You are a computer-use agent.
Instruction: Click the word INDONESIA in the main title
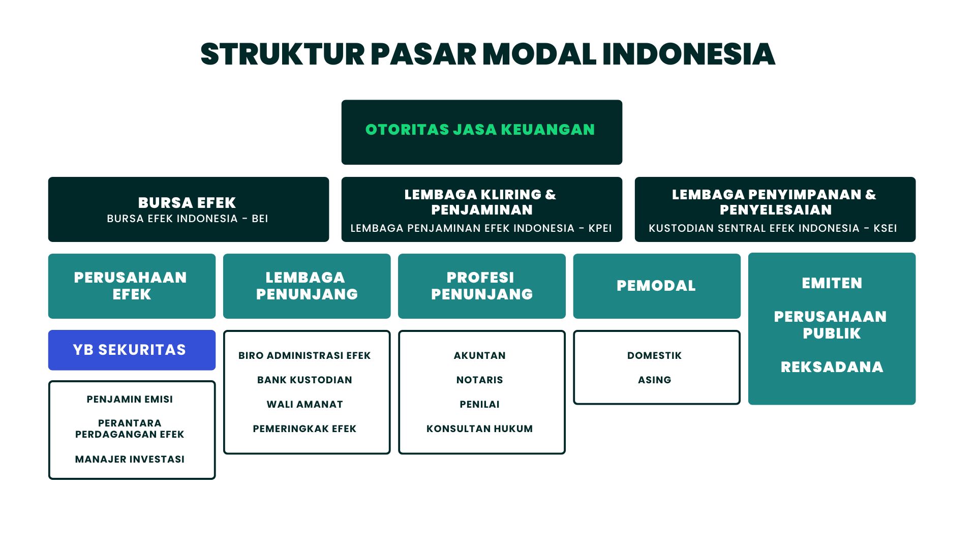click(x=688, y=54)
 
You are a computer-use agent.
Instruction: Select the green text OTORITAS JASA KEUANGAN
click(x=480, y=130)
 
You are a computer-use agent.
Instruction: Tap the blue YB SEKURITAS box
click(x=131, y=350)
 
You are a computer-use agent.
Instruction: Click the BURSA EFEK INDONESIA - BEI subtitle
click(x=187, y=219)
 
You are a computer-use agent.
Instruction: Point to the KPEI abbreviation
click(x=600, y=228)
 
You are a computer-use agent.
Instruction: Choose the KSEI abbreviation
click(x=885, y=228)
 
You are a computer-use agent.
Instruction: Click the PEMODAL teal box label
click(x=656, y=286)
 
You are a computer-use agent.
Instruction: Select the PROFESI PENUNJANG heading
click(x=481, y=286)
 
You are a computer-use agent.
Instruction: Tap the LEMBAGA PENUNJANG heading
click(x=307, y=286)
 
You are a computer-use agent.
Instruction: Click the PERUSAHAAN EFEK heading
click(x=131, y=286)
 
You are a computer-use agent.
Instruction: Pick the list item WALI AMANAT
click(x=304, y=404)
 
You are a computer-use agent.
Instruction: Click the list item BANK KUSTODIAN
click(x=304, y=380)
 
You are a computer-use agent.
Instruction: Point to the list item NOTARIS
click(x=479, y=380)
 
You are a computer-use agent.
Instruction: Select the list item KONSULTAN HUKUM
click(x=479, y=429)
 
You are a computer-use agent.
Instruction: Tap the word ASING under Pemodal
click(x=654, y=380)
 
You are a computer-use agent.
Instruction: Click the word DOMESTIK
click(x=654, y=355)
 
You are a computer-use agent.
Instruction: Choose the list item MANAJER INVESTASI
click(x=130, y=459)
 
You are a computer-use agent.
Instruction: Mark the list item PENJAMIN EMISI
click(x=130, y=399)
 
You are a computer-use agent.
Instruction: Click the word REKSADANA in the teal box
click(x=832, y=367)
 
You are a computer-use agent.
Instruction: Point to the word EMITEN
click(x=832, y=283)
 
